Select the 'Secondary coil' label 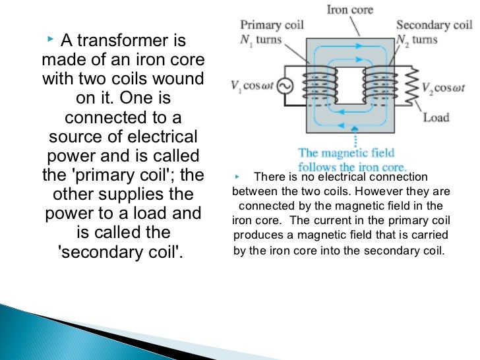tap(434, 26)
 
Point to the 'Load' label tap(436, 117)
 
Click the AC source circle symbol tap(287, 86)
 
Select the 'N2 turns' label tap(416, 40)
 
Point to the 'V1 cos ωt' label tap(253, 86)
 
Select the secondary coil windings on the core tap(379, 86)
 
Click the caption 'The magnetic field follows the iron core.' tap(352, 160)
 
